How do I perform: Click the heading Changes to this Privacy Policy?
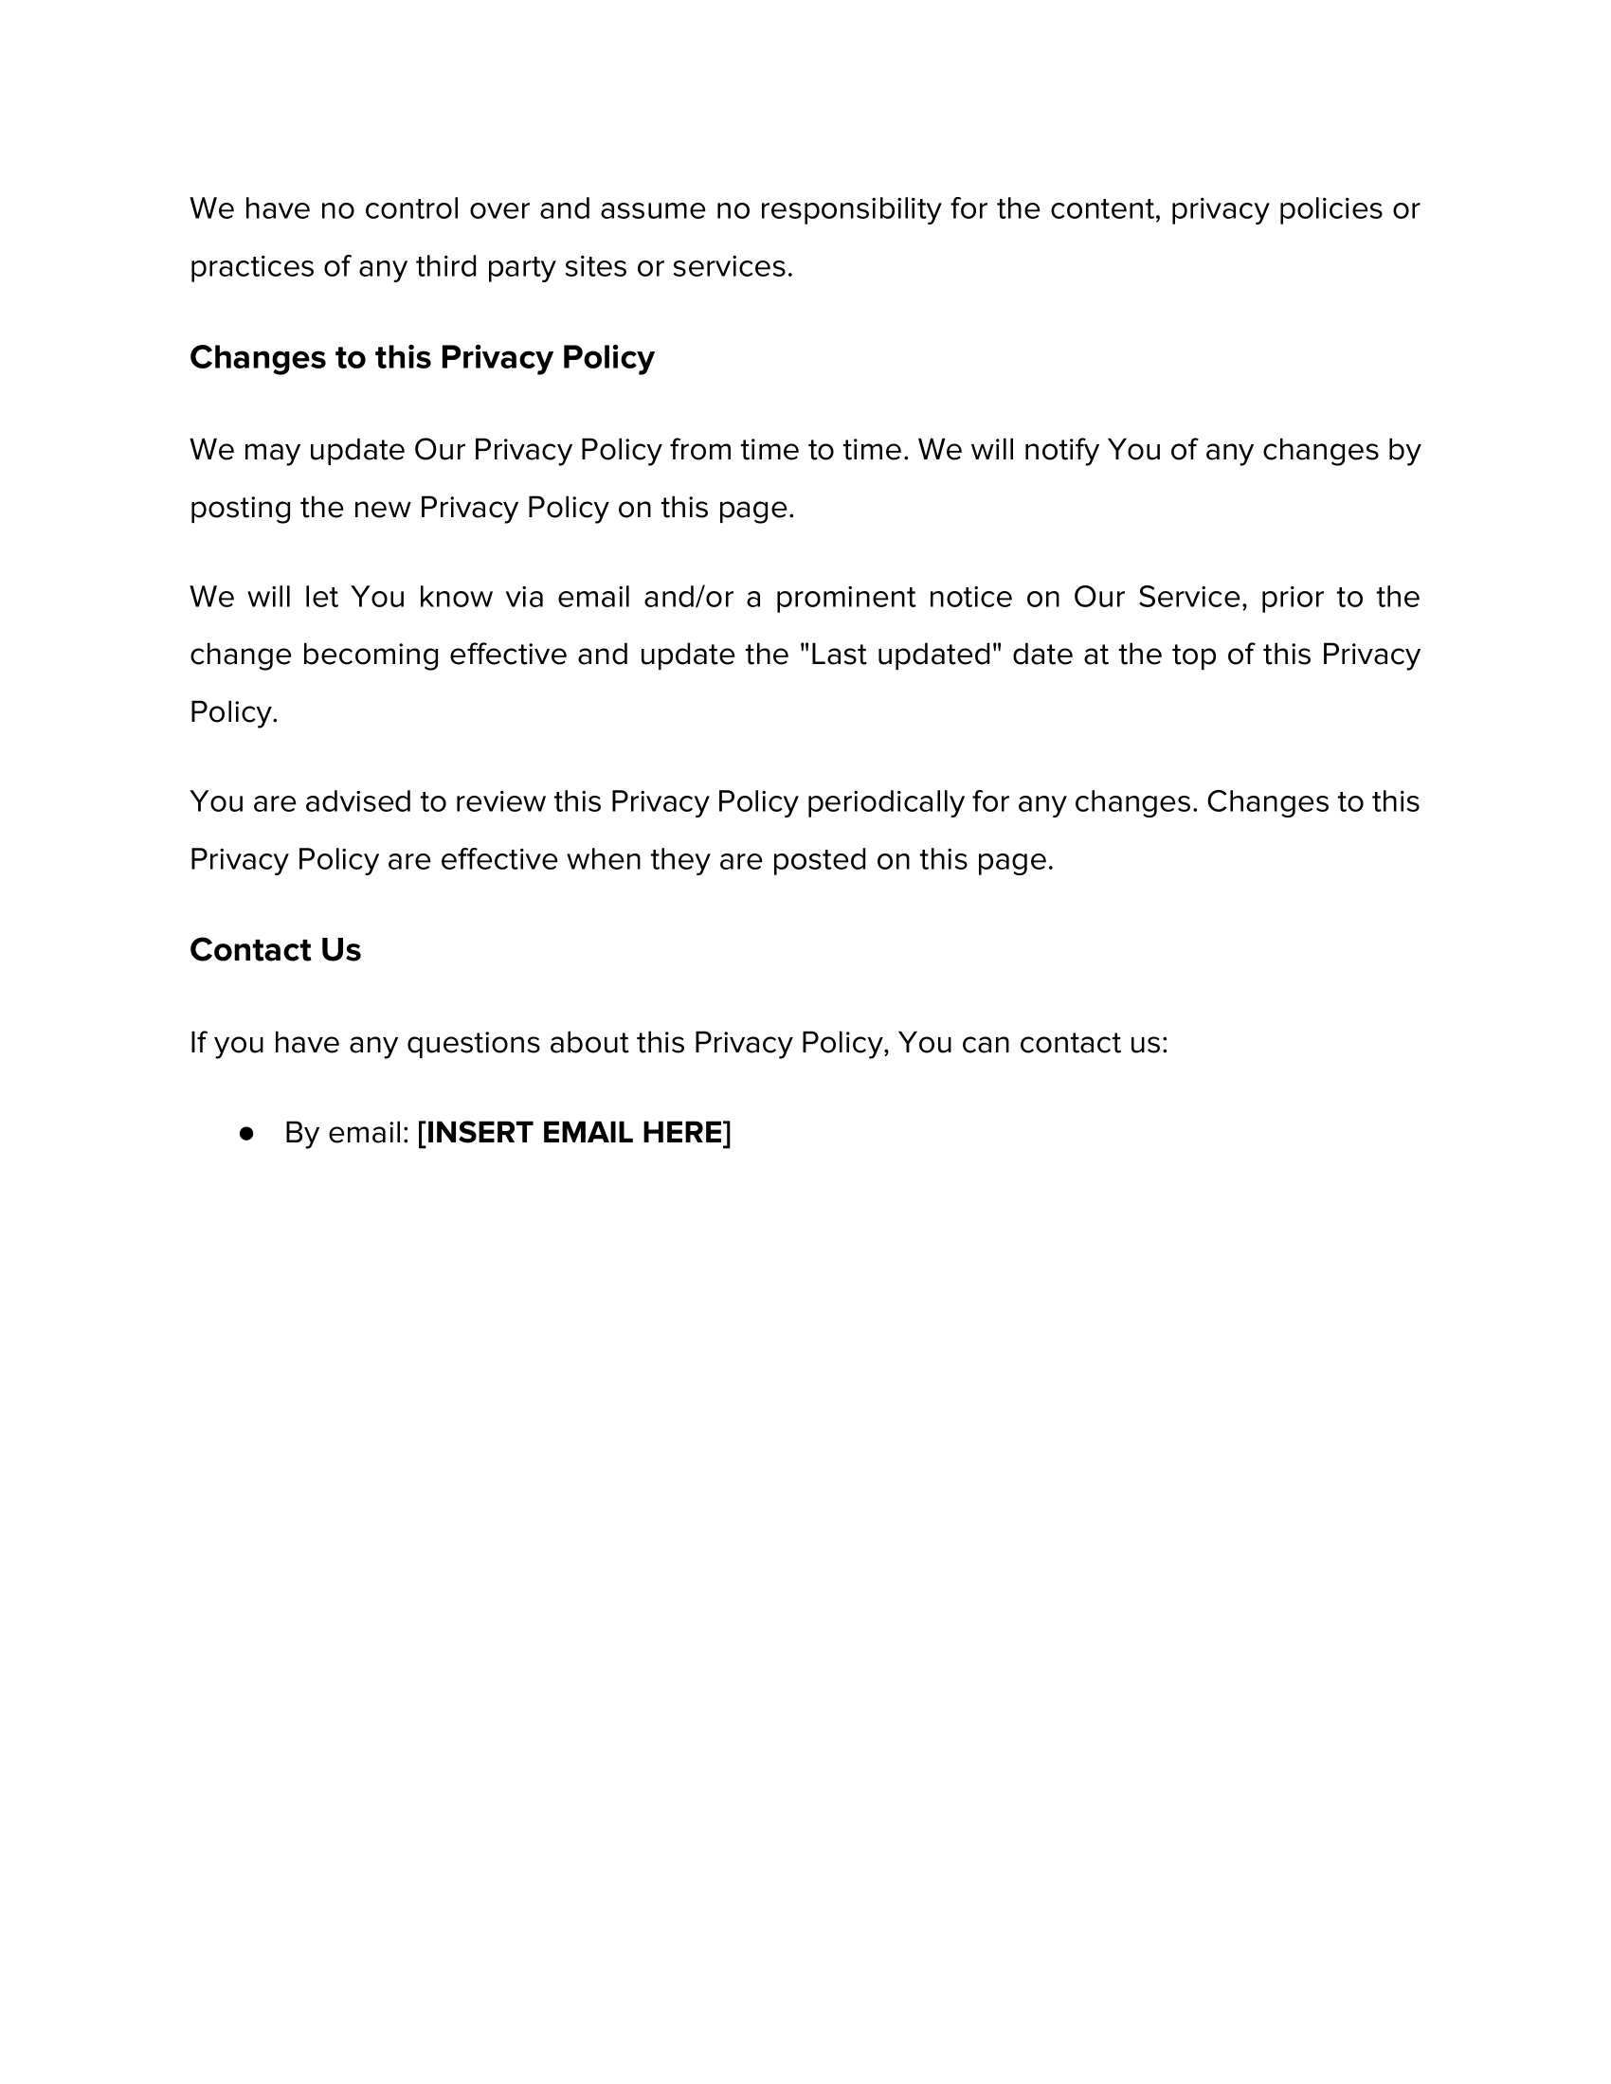pyautogui.click(x=422, y=358)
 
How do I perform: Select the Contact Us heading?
pyautogui.click(x=275, y=950)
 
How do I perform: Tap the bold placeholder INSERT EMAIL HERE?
pyautogui.click(x=574, y=1133)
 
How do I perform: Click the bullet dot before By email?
pyautogui.click(x=247, y=1133)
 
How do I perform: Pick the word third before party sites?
pyautogui.click(x=446, y=267)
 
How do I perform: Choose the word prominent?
pyautogui.click(x=845, y=598)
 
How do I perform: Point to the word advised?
pyautogui.click(x=358, y=801)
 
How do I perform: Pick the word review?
pyautogui.click(x=499, y=801)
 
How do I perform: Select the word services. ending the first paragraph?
pyautogui.click(x=732, y=267)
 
